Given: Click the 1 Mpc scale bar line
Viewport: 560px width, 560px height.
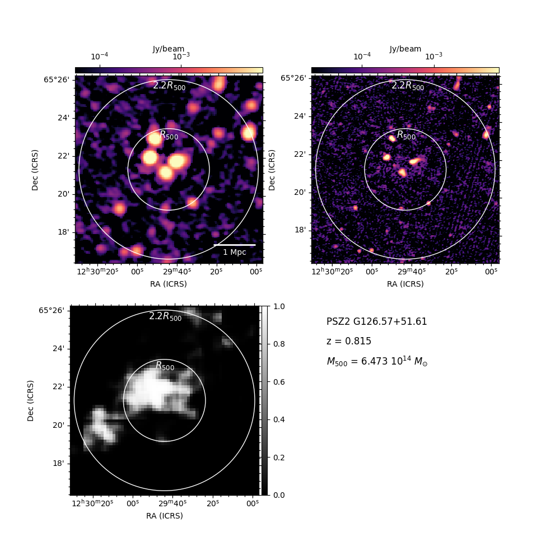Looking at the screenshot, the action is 235,245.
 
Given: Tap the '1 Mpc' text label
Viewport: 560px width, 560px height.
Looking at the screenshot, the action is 235,252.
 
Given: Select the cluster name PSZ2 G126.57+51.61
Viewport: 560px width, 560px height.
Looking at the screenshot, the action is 377,321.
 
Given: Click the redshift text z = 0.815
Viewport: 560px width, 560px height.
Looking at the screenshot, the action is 349,341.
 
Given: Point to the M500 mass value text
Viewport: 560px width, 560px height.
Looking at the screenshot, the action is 377,361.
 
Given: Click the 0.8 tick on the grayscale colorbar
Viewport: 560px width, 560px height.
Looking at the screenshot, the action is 279,344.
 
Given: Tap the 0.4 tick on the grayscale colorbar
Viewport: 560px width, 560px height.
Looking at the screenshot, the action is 279,419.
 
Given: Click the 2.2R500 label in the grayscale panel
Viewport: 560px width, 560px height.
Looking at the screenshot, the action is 165,316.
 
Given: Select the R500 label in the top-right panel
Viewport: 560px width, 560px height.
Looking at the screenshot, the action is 407,136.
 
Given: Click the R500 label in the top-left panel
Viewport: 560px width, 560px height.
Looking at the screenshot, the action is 169,136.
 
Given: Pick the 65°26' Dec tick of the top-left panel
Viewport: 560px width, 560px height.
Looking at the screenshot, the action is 57,80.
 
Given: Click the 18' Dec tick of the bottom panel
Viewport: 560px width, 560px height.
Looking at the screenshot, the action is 59,464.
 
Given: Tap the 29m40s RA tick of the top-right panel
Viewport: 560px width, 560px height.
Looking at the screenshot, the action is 412,272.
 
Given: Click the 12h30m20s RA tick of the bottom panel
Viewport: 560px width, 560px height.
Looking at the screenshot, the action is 92,503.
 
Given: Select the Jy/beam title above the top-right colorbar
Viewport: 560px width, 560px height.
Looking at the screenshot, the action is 405,49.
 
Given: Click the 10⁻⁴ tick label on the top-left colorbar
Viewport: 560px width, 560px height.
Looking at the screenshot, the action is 100,56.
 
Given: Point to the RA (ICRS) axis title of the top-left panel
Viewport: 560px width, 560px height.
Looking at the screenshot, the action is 169,284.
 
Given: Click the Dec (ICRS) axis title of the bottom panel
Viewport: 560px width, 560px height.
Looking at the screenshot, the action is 30,401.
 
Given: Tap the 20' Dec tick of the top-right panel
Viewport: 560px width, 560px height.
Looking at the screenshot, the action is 300,193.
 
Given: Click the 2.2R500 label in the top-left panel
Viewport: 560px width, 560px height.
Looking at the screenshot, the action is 169,86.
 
